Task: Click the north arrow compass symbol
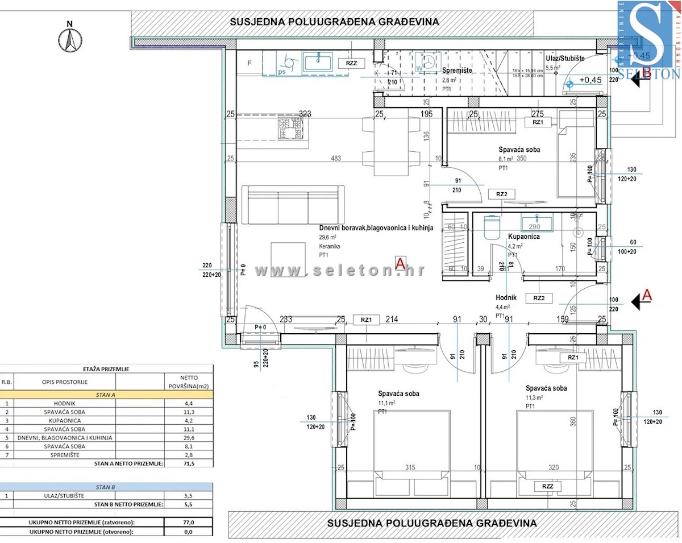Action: pyautogui.click(x=70, y=39)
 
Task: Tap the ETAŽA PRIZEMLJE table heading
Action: pyautogui.click(x=106, y=369)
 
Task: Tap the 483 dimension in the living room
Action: pyautogui.click(x=336, y=158)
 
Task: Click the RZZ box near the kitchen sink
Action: pyautogui.click(x=351, y=63)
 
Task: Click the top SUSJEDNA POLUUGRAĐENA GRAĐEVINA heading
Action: pyautogui.click(x=334, y=22)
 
